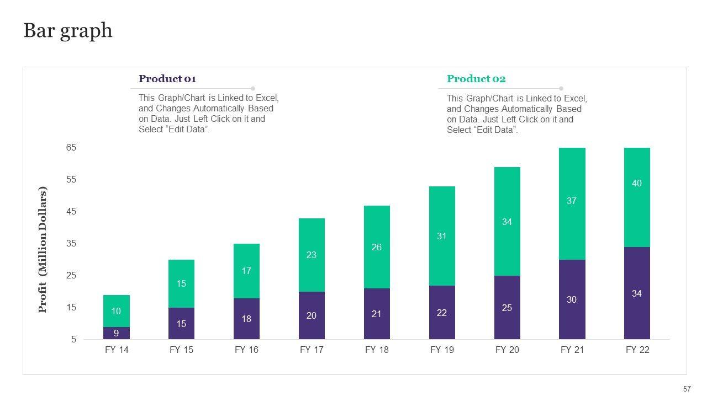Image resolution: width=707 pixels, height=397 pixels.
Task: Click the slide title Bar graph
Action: pyautogui.click(x=68, y=31)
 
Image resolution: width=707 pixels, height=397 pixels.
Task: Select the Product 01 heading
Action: pyautogui.click(x=167, y=79)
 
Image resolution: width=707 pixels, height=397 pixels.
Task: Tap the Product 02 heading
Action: pyautogui.click(x=476, y=79)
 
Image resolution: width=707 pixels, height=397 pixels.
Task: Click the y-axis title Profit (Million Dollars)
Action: pyautogui.click(x=43, y=250)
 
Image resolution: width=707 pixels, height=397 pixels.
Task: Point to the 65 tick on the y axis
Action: pyautogui.click(x=71, y=148)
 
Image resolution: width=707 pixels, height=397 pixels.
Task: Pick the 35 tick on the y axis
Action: pyautogui.click(x=71, y=244)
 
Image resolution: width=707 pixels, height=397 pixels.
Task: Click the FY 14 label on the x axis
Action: pyautogui.click(x=116, y=350)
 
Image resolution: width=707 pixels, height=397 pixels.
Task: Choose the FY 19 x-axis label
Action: pyautogui.click(x=442, y=350)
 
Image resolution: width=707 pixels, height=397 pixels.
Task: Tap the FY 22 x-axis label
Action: pyautogui.click(x=637, y=350)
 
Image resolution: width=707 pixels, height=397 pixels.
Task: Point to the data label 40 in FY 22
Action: pyautogui.click(x=637, y=184)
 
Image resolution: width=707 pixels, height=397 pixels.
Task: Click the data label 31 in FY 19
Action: pyautogui.click(x=442, y=237)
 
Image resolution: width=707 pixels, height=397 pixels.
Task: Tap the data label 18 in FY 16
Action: pyautogui.click(x=246, y=319)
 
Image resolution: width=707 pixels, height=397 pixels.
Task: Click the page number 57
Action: pyautogui.click(x=687, y=389)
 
